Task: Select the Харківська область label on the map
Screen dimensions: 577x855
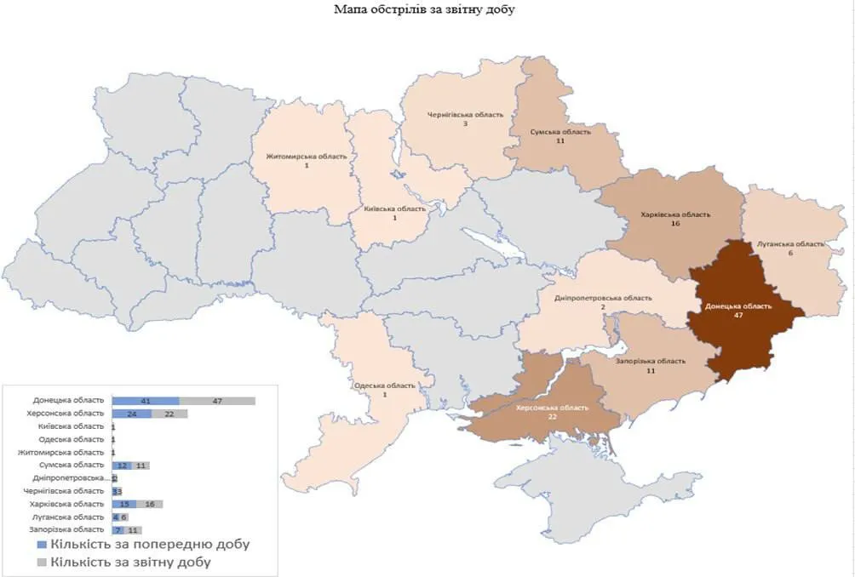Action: click(x=676, y=215)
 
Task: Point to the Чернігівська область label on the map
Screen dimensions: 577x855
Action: click(x=465, y=114)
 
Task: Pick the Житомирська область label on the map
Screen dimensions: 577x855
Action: click(x=307, y=157)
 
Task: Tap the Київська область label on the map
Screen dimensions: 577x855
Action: click(x=394, y=209)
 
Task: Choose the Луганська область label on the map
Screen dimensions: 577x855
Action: click(x=792, y=244)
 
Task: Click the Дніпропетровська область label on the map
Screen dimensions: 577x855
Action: click(x=603, y=299)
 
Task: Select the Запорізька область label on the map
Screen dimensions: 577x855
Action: click(x=650, y=361)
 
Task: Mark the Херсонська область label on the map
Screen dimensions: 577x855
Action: click(x=552, y=408)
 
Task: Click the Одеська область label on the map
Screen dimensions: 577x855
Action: click(x=385, y=386)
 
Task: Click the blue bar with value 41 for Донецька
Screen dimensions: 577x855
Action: click(x=146, y=400)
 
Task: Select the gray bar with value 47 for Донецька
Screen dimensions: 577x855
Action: click(x=217, y=400)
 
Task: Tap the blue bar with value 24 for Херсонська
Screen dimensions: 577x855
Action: click(x=132, y=414)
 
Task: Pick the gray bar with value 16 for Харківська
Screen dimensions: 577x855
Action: click(x=149, y=504)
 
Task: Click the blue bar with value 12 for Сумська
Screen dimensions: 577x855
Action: click(x=122, y=466)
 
